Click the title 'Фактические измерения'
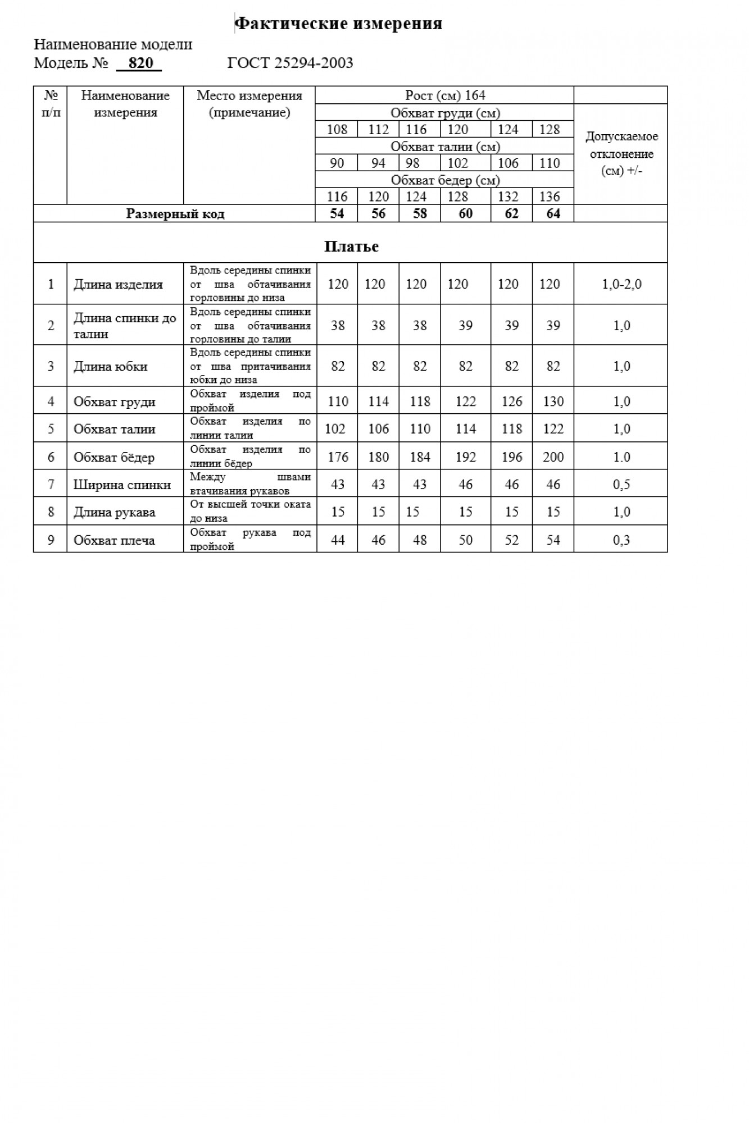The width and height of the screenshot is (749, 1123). coord(338,24)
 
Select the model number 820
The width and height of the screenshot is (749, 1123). coord(140,63)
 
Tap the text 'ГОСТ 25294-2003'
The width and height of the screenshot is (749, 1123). coord(290,63)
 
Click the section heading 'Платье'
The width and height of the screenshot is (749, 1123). coord(351,246)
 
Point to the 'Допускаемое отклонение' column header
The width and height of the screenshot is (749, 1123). coord(621,153)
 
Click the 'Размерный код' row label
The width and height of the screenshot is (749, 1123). coord(175,214)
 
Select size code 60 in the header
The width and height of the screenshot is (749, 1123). coord(466,214)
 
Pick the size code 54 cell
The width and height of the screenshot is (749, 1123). coord(337,214)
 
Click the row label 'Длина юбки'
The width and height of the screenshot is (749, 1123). coord(111,367)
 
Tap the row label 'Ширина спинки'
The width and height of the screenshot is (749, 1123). coord(122,485)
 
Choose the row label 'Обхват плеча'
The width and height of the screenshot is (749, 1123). coord(114,540)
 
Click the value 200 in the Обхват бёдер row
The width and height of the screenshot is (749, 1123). coord(553,457)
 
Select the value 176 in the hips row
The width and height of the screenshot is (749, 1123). coord(338,457)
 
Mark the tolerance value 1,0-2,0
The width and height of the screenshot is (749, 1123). coord(621,284)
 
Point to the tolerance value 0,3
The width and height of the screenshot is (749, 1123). coord(621,540)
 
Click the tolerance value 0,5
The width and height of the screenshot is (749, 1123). coord(621,485)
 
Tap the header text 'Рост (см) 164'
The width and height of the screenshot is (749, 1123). coord(445,95)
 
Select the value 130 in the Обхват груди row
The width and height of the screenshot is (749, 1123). coord(553,401)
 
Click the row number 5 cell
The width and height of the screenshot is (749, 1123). coord(51,429)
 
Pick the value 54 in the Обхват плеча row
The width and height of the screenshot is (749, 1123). coord(553,540)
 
